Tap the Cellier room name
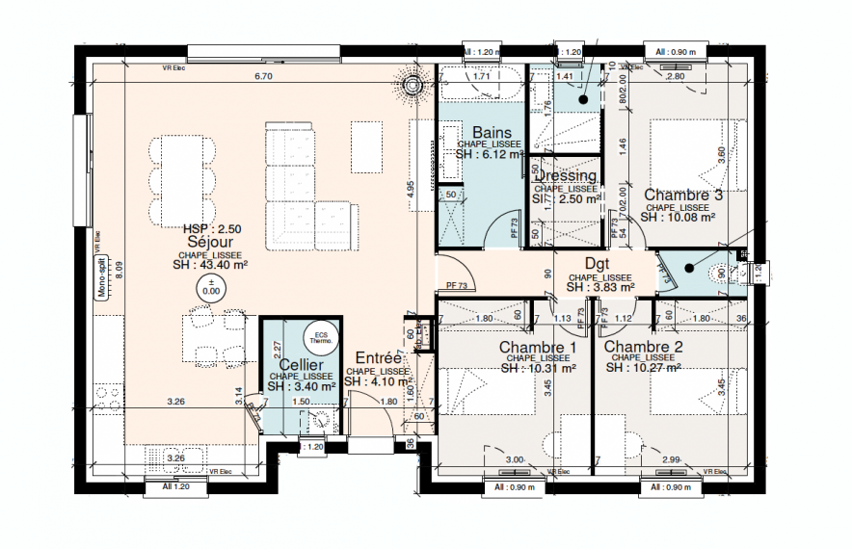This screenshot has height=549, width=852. [x=302, y=365]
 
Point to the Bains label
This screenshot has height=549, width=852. [x=490, y=132]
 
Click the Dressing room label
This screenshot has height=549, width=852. [x=566, y=176]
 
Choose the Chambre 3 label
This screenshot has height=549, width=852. [x=683, y=195]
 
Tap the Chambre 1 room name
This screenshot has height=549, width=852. [x=537, y=347]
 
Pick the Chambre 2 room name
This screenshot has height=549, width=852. [x=644, y=347]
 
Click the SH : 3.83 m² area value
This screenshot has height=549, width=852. [x=599, y=287]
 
